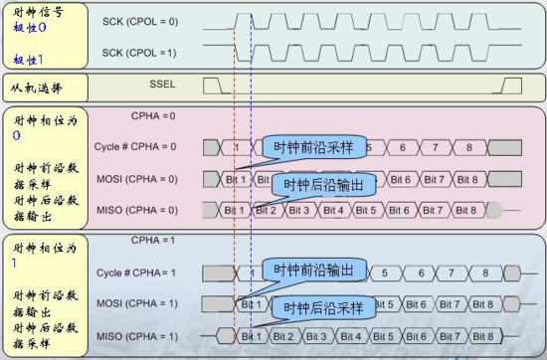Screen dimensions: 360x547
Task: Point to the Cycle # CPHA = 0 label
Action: pos(136,147)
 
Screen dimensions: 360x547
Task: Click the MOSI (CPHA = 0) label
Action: pos(136,179)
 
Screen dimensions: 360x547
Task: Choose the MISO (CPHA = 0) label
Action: pos(136,210)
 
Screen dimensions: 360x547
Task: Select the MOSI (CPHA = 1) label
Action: pos(136,303)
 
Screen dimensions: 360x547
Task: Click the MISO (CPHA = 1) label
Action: pos(136,335)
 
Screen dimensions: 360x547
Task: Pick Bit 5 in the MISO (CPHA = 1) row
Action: pos(382,335)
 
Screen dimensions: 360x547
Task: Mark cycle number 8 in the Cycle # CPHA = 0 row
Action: pos(466,147)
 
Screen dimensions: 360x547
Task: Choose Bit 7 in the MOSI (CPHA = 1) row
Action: pos(449,304)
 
